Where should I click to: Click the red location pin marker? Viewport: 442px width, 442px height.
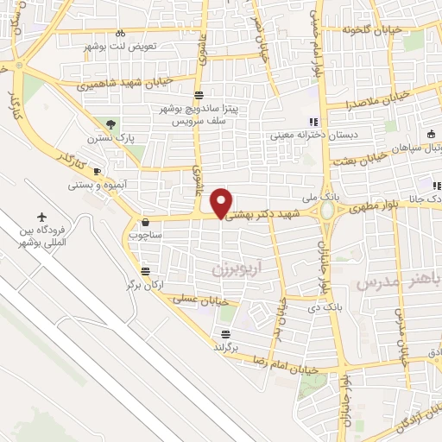221,203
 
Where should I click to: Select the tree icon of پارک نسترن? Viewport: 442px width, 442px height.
110,124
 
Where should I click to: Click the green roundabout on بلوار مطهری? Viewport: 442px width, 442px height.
329,210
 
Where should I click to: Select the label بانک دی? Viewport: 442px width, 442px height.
329,306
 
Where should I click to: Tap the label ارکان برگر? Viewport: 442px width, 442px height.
145,283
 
